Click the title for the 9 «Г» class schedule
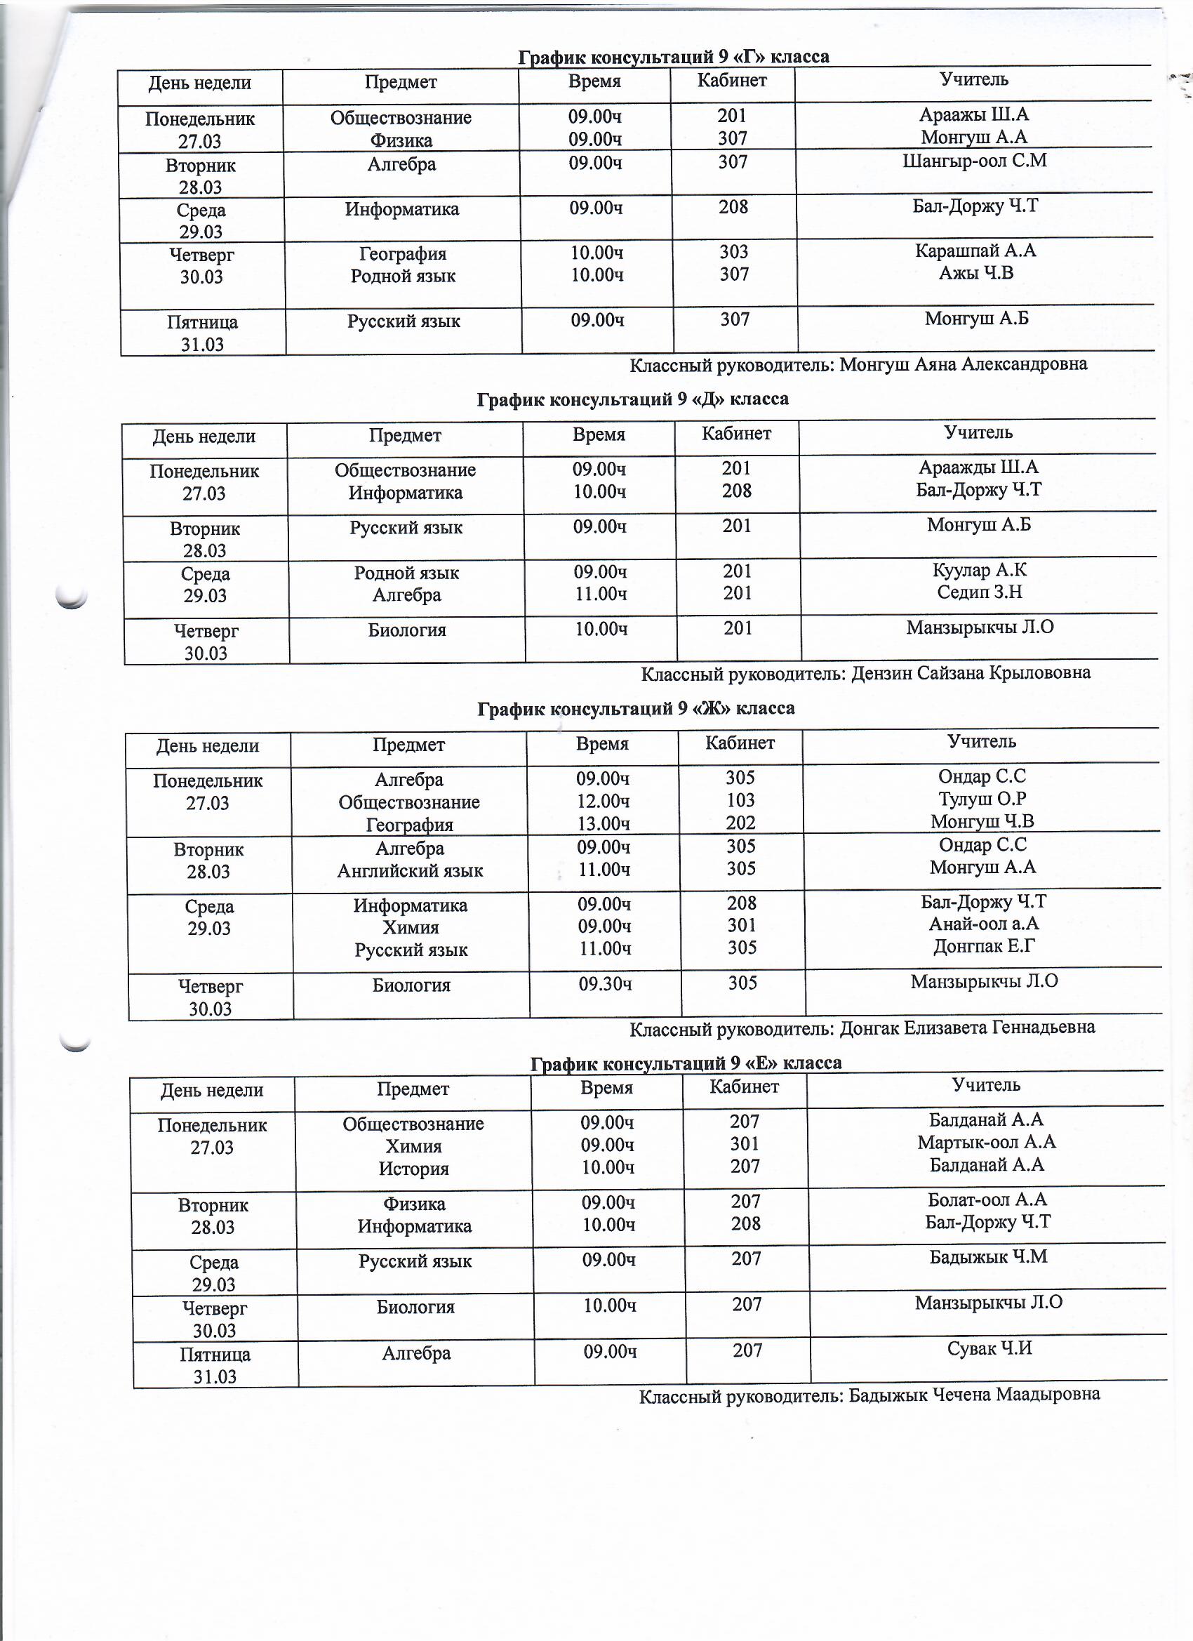click(674, 57)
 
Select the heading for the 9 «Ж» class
click(636, 708)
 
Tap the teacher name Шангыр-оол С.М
click(975, 161)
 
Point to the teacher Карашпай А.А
click(975, 251)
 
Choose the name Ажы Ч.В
click(976, 273)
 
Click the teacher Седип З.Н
click(980, 592)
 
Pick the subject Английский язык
click(410, 870)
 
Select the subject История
click(414, 1169)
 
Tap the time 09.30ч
click(605, 984)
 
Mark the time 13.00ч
click(604, 823)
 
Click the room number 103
click(740, 800)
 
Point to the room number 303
click(733, 252)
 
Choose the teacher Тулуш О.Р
click(982, 799)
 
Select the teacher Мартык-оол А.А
click(987, 1143)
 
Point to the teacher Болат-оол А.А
click(987, 1200)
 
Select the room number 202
click(741, 823)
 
